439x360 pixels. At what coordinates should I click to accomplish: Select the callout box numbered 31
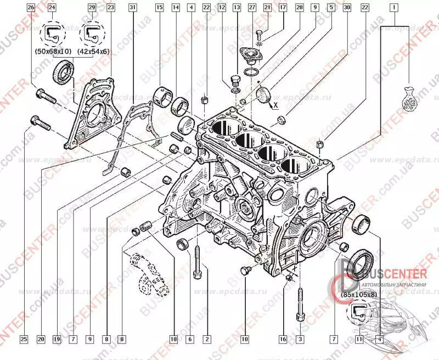[132, 8]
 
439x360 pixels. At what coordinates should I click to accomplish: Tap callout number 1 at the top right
[393, 8]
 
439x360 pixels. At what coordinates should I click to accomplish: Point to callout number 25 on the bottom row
[24, 339]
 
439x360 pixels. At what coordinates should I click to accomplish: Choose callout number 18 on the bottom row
[173, 339]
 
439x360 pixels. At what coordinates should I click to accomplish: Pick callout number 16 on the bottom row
[284, 339]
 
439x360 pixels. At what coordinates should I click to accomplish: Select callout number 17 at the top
[283, 8]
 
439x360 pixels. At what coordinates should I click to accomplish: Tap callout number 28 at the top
[299, 8]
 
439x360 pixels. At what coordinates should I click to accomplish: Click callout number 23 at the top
[111, 8]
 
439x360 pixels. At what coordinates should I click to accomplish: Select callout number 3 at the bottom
[300, 339]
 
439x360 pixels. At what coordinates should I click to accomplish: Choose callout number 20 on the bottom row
[41, 339]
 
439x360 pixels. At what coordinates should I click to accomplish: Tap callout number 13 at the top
[237, 8]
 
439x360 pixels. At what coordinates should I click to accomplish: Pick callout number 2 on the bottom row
[206, 339]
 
